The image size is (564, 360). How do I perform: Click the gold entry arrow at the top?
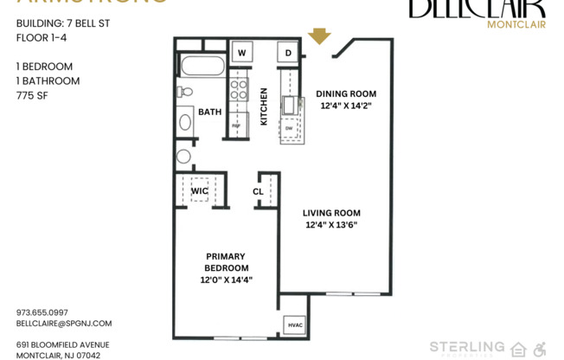point(319,35)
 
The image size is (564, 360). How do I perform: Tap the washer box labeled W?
point(241,53)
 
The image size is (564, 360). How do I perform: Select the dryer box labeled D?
point(288,53)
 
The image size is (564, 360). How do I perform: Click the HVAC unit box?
point(294,325)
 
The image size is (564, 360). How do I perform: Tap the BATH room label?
point(210,112)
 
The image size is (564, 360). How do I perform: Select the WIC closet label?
point(199,191)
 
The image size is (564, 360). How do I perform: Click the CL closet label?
point(258,191)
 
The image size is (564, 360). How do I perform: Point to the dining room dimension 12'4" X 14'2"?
point(346,106)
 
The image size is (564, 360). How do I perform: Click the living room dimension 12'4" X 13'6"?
point(331,225)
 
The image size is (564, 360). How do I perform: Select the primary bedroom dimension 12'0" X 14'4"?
point(226,280)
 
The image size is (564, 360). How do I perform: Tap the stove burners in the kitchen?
point(239,90)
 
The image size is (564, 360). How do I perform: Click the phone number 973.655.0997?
point(42,312)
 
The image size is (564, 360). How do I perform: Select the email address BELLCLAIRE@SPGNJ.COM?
point(64,323)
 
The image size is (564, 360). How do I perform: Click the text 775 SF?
point(31,96)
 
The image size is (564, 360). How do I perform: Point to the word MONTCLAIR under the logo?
point(516,24)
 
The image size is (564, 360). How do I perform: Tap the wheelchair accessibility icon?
point(539,349)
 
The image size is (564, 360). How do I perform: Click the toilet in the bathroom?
point(185,91)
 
